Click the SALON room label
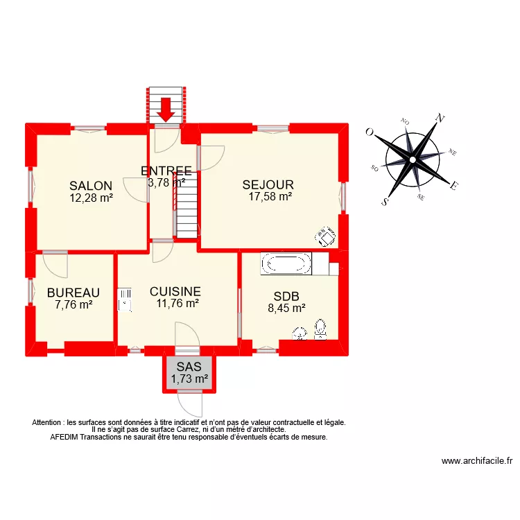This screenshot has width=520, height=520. [x=91, y=186]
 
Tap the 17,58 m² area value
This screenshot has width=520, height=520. [x=270, y=197]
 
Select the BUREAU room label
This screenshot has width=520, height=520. [x=73, y=293]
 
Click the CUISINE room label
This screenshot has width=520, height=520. [x=175, y=292]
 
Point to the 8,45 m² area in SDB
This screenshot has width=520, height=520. [x=287, y=309]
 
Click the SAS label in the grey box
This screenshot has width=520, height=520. [x=189, y=367]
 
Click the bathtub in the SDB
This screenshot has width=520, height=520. [x=286, y=263]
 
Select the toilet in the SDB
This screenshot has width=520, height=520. [x=320, y=329]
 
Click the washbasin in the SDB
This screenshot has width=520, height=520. [x=300, y=334]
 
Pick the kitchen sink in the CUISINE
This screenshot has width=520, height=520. [x=125, y=302]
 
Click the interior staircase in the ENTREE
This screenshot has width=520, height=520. [x=185, y=205]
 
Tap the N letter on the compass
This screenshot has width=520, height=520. [x=439, y=119]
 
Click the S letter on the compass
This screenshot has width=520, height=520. [x=385, y=202]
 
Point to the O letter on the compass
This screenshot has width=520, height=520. [x=370, y=132]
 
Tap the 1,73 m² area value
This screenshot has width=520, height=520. [x=189, y=379]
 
